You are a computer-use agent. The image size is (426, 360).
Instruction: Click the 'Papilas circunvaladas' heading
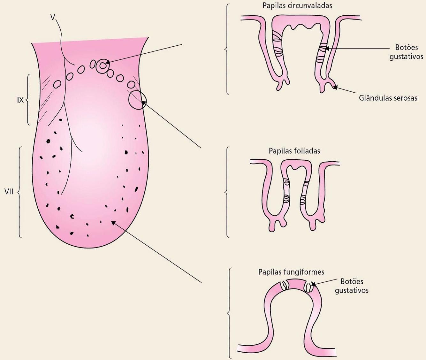tap(297, 5)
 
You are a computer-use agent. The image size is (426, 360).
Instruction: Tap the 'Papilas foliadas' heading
tap(294, 150)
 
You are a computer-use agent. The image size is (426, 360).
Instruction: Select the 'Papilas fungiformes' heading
tap(291, 272)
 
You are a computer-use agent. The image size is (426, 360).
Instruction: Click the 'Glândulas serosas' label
tap(388, 98)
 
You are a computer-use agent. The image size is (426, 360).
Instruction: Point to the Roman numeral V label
tap(53, 17)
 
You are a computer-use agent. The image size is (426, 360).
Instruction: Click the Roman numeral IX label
tap(20, 100)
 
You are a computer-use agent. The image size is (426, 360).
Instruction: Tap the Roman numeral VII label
tap(9, 192)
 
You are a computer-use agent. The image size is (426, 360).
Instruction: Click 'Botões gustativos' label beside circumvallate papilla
tap(406, 52)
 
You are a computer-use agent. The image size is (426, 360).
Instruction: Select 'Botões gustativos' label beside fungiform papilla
tap(352, 286)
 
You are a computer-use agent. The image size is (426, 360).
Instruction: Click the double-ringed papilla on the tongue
tap(103, 66)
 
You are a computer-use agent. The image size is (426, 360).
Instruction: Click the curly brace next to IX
tap(28, 100)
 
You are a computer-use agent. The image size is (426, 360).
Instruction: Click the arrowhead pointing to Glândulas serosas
tap(335, 87)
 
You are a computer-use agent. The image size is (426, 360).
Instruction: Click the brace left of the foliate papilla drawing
tap(227, 192)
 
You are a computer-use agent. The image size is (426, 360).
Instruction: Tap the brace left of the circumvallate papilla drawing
tap(226, 49)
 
